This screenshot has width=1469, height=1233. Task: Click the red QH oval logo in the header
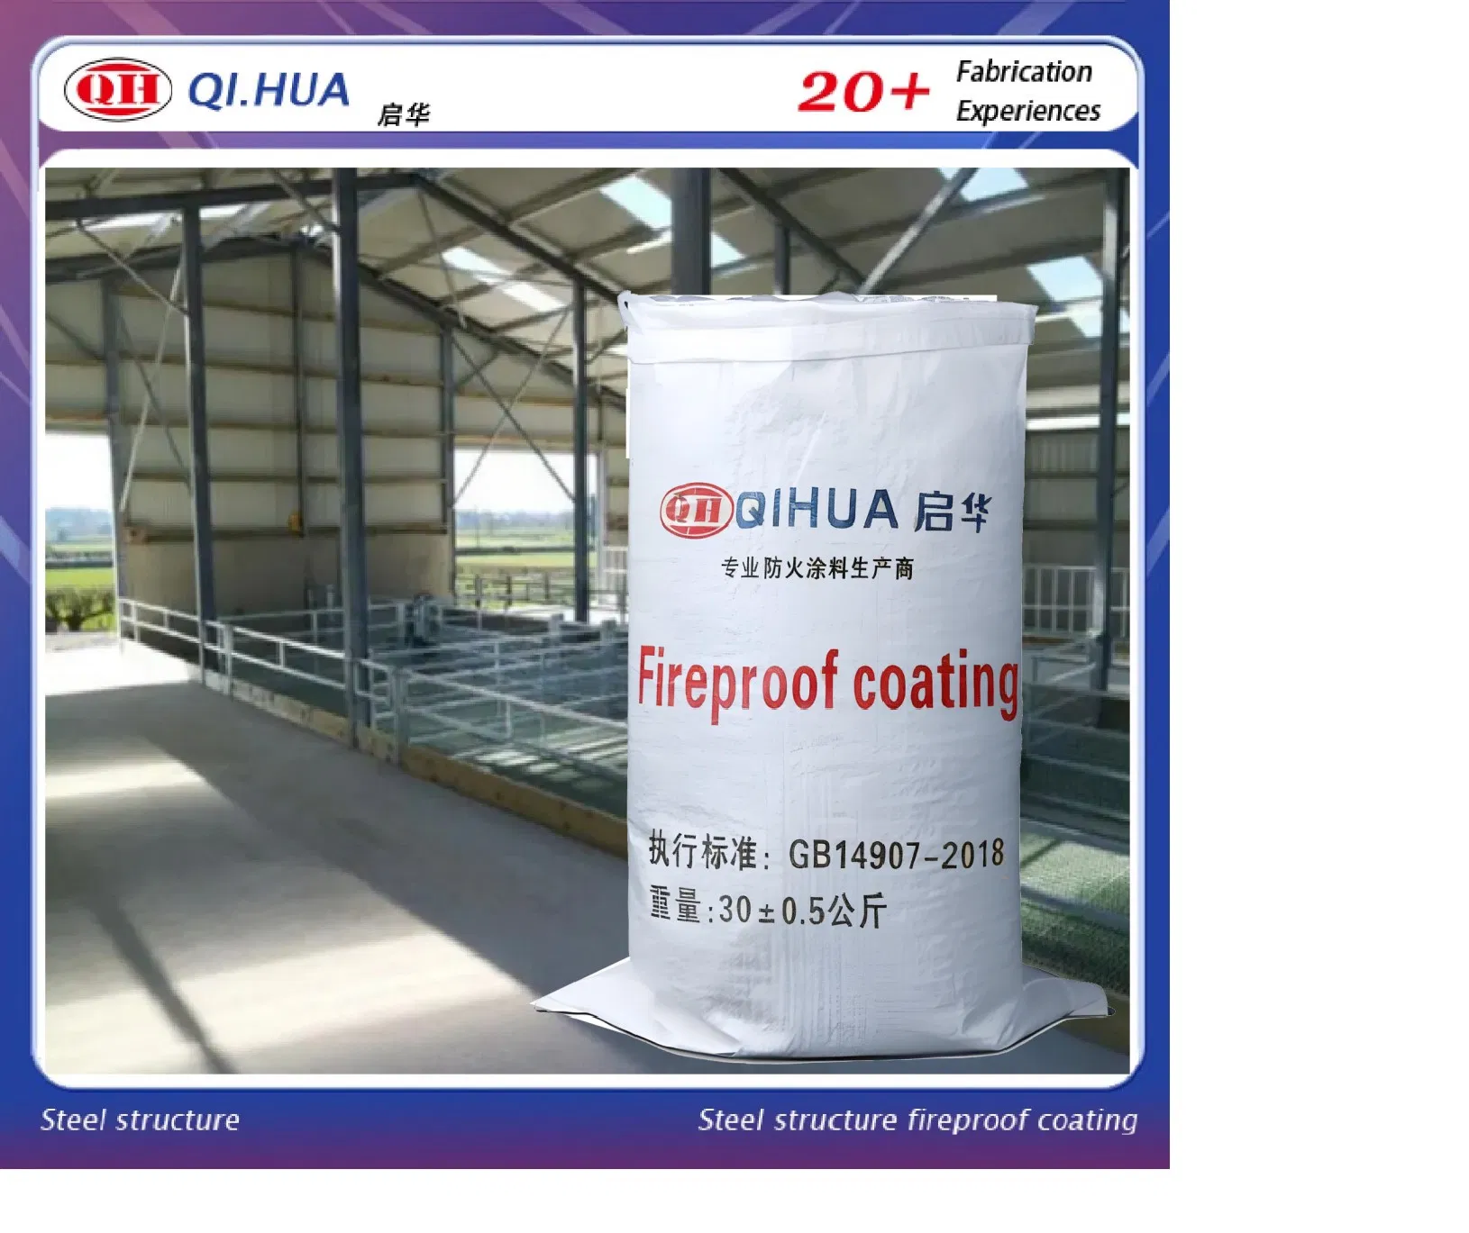(117, 89)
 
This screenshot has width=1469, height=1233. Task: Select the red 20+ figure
(862, 92)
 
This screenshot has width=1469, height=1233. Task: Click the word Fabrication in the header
(1024, 71)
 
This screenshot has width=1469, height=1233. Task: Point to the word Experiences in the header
(1028, 111)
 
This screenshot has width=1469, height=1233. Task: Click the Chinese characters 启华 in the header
(403, 114)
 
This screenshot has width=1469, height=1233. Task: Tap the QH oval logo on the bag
(695, 511)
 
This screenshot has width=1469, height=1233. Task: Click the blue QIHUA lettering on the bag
(817, 511)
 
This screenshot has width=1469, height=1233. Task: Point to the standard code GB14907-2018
(896, 853)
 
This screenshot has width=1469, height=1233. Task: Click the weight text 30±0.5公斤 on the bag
(802, 911)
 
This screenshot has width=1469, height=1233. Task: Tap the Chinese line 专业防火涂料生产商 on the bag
(817, 567)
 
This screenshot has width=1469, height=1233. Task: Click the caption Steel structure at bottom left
(140, 1120)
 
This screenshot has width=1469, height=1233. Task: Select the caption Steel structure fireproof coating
(917, 1120)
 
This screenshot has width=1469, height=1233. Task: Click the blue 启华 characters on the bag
(951, 511)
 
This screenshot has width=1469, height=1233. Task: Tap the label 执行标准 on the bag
(703, 850)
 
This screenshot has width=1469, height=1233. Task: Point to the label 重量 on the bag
(676, 906)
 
